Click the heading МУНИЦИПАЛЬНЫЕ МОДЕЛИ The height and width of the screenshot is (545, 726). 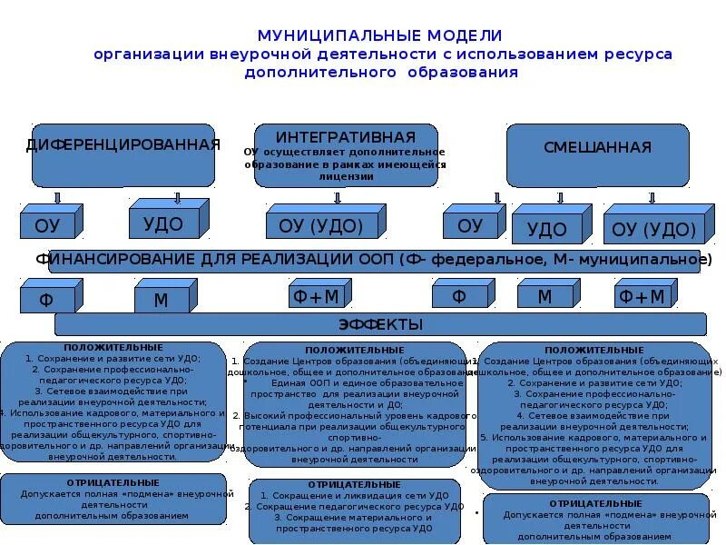[x=380, y=35]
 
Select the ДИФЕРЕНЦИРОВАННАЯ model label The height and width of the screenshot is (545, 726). [x=123, y=145]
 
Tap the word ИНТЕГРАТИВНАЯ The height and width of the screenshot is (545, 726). [x=346, y=136]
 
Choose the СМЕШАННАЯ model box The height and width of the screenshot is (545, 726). [x=597, y=148]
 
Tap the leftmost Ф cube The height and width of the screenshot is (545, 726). [x=46, y=299]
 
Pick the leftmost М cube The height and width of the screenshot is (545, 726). [x=160, y=299]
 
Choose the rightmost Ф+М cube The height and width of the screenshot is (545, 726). [x=641, y=297]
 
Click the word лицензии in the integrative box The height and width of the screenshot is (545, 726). [x=346, y=177]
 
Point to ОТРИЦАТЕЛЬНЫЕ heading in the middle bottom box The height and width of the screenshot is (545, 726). [x=353, y=485]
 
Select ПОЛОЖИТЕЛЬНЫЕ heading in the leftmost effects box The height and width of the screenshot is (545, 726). [x=113, y=348]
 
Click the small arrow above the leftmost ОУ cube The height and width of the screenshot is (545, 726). [x=57, y=197]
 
